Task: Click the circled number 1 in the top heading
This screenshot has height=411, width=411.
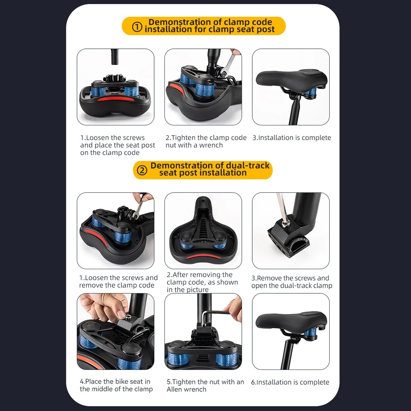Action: pyautogui.click(x=137, y=27)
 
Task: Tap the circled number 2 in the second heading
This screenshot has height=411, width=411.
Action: pyautogui.click(x=142, y=171)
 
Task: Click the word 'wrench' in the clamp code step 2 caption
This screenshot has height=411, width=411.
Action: pyautogui.click(x=211, y=145)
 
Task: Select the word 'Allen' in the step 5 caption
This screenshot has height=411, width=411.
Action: pyautogui.click(x=175, y=390)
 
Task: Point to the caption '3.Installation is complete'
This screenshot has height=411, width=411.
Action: pyautogui.click(x=292, y=138)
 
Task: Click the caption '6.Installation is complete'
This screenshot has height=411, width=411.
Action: pyautogui.click(x=290, y=382)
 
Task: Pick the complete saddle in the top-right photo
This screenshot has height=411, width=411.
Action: pyautogui.click(x=291, y=79)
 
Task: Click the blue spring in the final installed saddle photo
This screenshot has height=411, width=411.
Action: pyautogui.click(x=310, y=333)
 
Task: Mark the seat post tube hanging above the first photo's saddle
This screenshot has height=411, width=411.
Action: pyautogui.click(x=115, y=57)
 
